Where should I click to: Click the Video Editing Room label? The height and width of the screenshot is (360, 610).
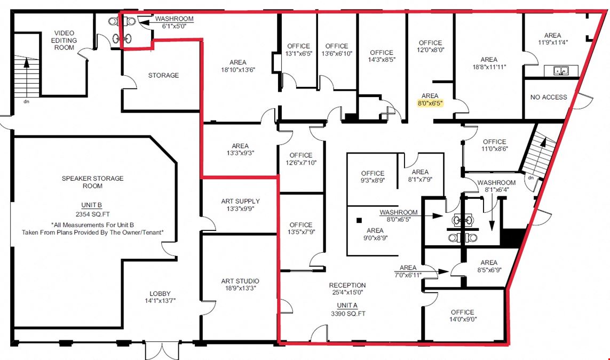tap(64, 41)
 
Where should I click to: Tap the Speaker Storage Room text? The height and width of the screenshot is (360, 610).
tap(92, 182)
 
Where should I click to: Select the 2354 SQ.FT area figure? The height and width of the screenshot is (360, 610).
tap(92, 214)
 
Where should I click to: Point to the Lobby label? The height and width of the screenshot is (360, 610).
tap(160, 293)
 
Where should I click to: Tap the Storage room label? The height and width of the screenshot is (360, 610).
tap(163, 75)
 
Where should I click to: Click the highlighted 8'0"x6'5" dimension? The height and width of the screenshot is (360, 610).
tap(430, 103)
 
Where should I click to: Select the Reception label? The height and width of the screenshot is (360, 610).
tap(347, 285)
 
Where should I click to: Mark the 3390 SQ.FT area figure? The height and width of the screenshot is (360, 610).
tap(348, 314)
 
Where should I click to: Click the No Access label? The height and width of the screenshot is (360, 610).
tap(549, 97)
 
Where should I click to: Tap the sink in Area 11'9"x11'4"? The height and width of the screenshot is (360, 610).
tap(561, 71)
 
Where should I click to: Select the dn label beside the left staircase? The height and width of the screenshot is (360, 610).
tap(27, 101)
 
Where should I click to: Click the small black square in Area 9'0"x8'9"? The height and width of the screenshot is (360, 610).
tap(359, 220)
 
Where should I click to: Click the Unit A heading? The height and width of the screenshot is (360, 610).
tap(347, 306)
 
